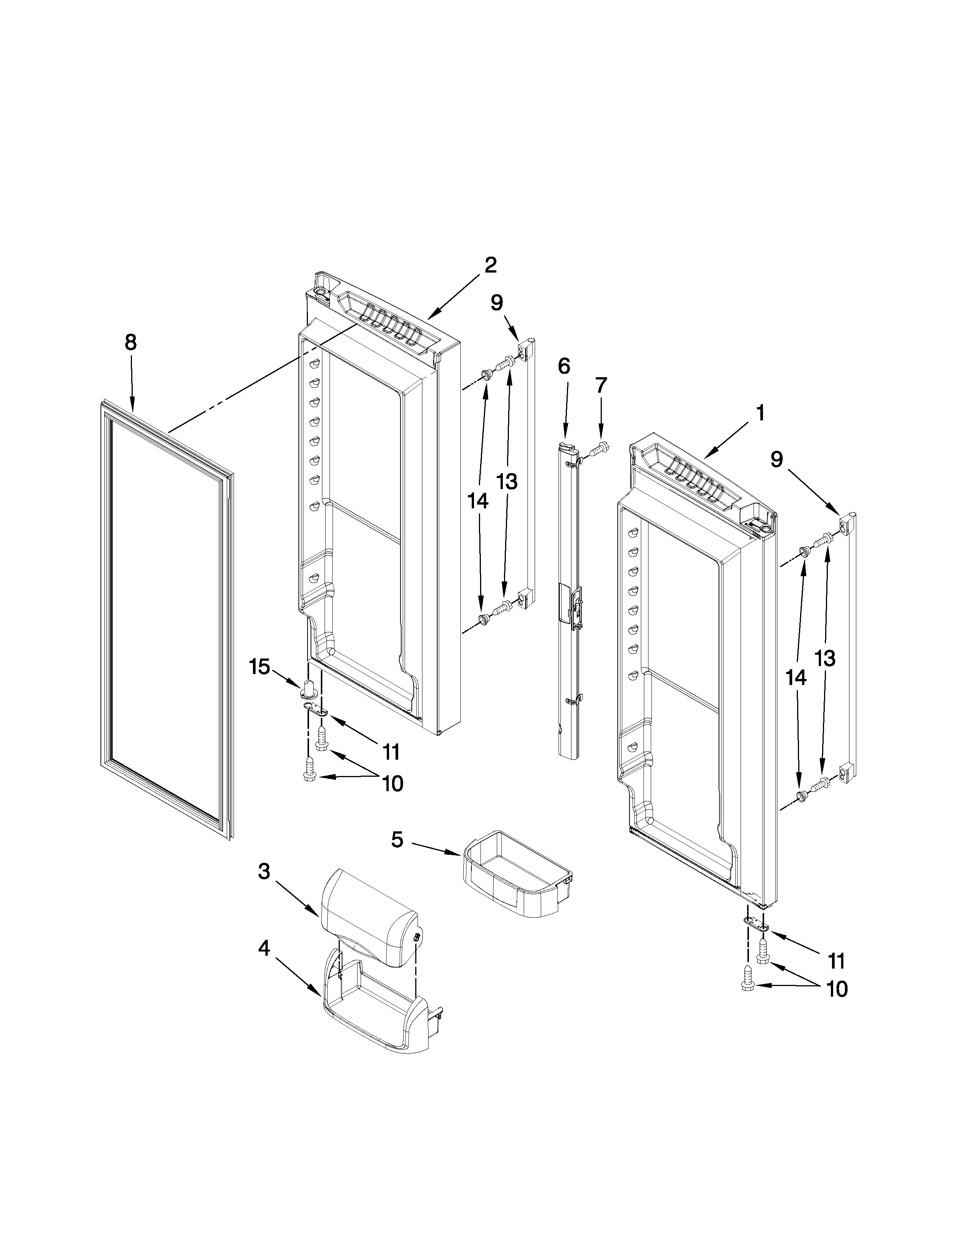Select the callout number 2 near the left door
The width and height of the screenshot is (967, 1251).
coord(490,265)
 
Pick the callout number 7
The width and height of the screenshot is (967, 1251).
coord(600,386)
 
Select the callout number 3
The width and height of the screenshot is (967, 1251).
coord(264,872)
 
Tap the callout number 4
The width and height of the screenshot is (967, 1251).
coord(264,948)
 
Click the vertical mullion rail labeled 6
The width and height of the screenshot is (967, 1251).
coord(569,602)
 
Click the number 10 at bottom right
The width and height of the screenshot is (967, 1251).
coord(838,989)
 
